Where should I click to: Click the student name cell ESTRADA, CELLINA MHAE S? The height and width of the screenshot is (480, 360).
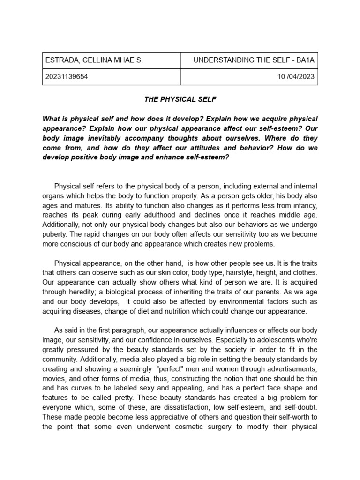pyautogui.click(x=94, y=60)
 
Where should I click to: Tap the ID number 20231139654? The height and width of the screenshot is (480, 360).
pyautogui.click(x=66, y=77)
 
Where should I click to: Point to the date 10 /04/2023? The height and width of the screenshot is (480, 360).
pyautogui.click(x=296, y=77)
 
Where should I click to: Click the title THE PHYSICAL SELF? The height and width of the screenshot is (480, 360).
pyautogui.click(x=180, y=99)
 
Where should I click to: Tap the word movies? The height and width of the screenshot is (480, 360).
pyautogui.click(x=53, y=378)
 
